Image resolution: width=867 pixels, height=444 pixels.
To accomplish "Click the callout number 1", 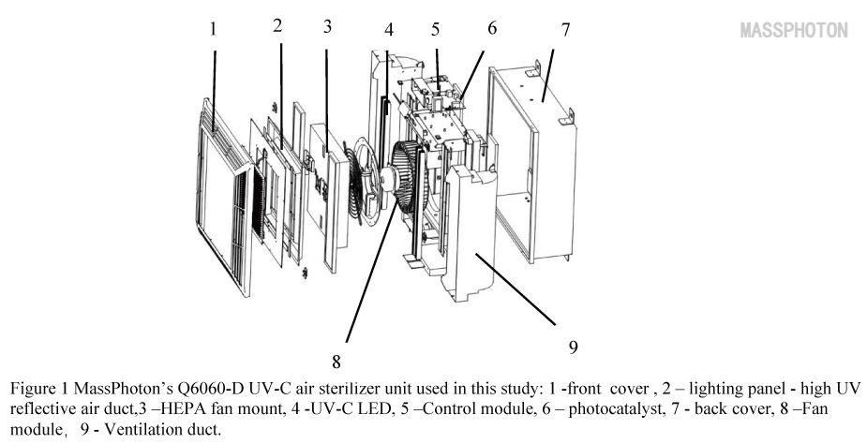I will tap(213, 29).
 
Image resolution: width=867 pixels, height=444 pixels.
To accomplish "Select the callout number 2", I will tap(277, 25).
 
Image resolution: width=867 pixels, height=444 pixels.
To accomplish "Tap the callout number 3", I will tap(326, 26).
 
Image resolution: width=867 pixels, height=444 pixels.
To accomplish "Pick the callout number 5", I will tap(436, 29).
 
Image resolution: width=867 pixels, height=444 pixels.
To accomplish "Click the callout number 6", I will tap(492, 27).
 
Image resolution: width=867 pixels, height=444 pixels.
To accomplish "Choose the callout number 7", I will tap(565, 28).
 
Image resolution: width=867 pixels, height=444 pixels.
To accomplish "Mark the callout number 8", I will tap(336, 359).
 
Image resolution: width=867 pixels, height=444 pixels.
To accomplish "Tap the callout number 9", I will tap(572, 348).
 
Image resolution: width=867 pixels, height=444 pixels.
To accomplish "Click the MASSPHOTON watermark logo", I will tap(794, 30).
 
